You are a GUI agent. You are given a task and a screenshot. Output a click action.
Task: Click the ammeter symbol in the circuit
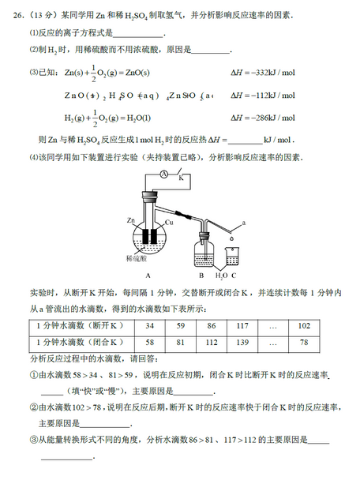(x=163, y=174)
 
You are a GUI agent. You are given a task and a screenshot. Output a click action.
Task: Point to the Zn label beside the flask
(x=131, y=219)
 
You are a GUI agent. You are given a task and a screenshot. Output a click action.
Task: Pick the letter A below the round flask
(x=147, y=275)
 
